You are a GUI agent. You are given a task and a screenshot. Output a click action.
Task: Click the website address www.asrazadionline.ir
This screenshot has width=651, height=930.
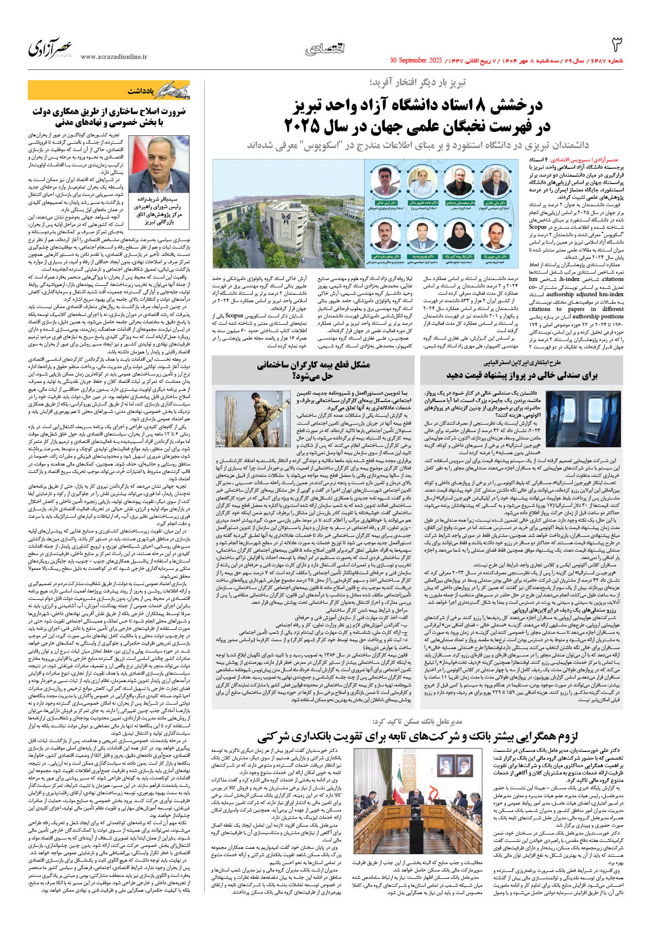pos(114,57)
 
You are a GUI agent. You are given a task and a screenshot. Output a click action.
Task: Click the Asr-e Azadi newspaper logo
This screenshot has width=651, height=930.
pos(50,48)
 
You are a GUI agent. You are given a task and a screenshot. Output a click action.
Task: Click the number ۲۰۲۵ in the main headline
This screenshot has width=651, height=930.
pos(303,127)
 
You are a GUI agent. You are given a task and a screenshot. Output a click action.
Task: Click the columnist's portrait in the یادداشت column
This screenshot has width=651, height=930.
pos(159,165)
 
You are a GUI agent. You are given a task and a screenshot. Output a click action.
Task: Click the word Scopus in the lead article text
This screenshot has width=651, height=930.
pos(537,227)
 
